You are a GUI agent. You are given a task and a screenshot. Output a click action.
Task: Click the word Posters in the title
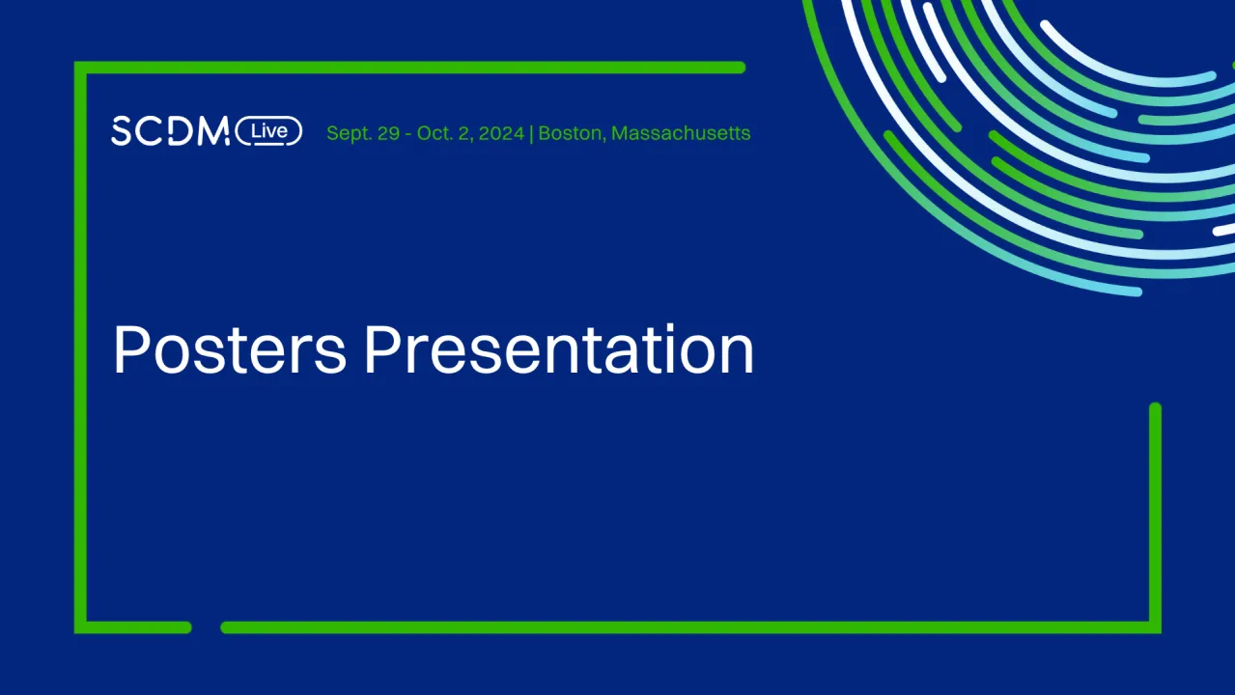pyautogui.click(x=230, y=349)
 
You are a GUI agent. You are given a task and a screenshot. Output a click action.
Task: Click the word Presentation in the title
pyautogui.click(x=558, y=349)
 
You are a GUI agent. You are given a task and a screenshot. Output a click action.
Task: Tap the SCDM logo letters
pyautogui.click(x=170, y=130)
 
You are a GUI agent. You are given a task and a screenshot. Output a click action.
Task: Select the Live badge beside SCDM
pyautogui.click(x=268, y=131)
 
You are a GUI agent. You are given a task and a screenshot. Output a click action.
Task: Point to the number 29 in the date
pyautogui.click(x=389, y=133)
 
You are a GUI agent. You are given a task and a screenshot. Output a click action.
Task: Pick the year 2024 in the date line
pyautogui.click(x=501, y=133)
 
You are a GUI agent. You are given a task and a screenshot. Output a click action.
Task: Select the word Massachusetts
pyautogui.click(x=681, y=133)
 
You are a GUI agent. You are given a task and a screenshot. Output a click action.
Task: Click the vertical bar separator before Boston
pyautogui.click(x=531, y=134)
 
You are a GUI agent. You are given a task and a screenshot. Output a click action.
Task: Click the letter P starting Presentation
pyautogui.click(x=380, y=349)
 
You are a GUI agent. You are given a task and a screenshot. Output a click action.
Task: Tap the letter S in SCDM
pyautogui.click(x=122, y=131)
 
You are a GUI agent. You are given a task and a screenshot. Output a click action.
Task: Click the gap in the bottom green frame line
pyautogui.click(x=207, y=627)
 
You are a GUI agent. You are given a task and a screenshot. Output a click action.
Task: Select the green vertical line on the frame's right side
pyautogui.click(x=1155, y=518)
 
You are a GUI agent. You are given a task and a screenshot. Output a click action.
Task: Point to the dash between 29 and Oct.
pyautogui.click(x=408, y=134)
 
